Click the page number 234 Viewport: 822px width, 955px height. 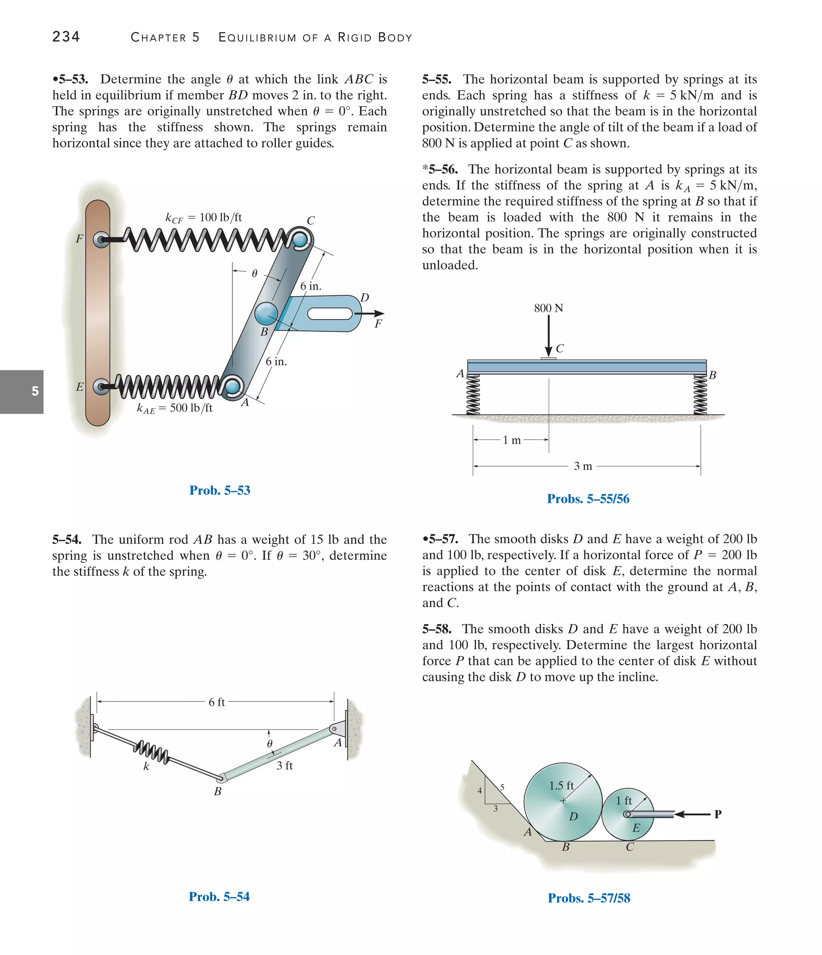tap(66, 37)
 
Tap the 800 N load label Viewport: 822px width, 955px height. tap(548, 308)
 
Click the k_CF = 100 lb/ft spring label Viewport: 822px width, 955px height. tap(203, 217)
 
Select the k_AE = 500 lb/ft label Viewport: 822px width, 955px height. tap(175, 408)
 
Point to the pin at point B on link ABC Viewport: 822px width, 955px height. tap(266, 314)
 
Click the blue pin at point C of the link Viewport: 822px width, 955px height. tap(300, 240)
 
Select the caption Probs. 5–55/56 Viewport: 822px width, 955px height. tap(588, 499)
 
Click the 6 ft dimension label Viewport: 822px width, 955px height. tap(216, 702)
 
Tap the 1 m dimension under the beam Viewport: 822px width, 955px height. tap(511, 440)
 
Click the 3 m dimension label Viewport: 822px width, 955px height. tap(582, 466)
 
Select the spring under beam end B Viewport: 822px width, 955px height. tap(700, 395)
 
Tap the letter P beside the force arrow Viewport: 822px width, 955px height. tap(718, 814)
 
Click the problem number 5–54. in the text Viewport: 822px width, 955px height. tap(67, 539)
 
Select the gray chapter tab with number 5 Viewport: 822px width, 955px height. tap(22, 391)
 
